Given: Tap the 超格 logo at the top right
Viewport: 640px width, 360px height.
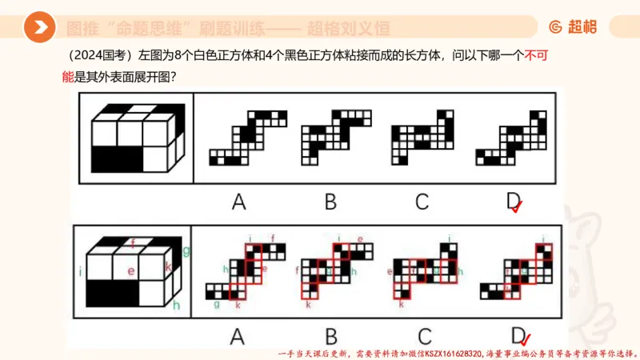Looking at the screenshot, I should point(573,27).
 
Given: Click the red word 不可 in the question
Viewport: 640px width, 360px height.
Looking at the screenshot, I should point(536,57).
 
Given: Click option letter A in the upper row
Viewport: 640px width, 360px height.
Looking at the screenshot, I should point(238,202).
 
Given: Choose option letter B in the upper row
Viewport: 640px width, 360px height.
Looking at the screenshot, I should point(330,202).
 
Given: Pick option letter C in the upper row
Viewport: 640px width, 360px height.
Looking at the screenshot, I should point(422,202).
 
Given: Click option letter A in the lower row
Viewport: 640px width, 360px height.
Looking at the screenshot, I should point(238,337).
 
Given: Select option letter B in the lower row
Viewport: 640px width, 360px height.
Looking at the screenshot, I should point(330,337).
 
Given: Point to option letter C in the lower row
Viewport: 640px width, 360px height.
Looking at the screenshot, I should point(422,337).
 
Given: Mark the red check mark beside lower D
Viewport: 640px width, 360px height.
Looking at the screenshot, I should point(526,339).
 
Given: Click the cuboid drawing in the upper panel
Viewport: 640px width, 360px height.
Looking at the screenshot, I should point(134,137).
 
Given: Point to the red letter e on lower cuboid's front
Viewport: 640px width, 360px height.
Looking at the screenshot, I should point(130,271).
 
